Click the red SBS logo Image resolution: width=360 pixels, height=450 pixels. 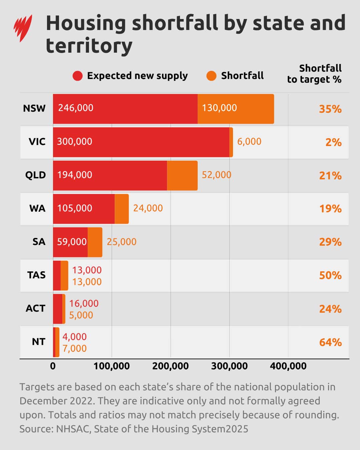click(23, 28)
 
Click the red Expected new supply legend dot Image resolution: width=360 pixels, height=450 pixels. click(77, 76)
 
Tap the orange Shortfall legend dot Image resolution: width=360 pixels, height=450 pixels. click(211, 76)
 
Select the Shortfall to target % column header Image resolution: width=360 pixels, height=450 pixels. click(314, 74)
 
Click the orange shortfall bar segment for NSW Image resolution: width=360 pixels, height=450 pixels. click(236, 109)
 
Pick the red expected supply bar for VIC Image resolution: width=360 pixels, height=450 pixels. click(141, 142)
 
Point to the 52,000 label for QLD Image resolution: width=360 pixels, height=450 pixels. click(216, 175)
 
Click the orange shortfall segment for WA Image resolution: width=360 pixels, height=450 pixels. click(122, 209)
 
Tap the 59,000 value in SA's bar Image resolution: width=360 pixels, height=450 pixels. click(72, 242)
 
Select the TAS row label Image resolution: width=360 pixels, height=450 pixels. click(36, 275)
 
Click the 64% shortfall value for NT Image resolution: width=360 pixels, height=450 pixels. click(330, 342)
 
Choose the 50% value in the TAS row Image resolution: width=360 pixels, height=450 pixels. click(330, 275)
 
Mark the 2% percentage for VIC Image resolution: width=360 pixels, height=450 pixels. click(333, 142)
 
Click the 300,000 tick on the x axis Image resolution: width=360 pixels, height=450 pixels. click(229, 366)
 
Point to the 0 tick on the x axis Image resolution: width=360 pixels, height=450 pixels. click(53, 366)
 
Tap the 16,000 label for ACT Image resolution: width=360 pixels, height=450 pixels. click(84, 303)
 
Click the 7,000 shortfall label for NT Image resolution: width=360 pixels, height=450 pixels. click(74, 348)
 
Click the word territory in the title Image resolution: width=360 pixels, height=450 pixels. click(89, 46)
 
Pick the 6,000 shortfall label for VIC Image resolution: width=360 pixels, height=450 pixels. click(249, 141)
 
